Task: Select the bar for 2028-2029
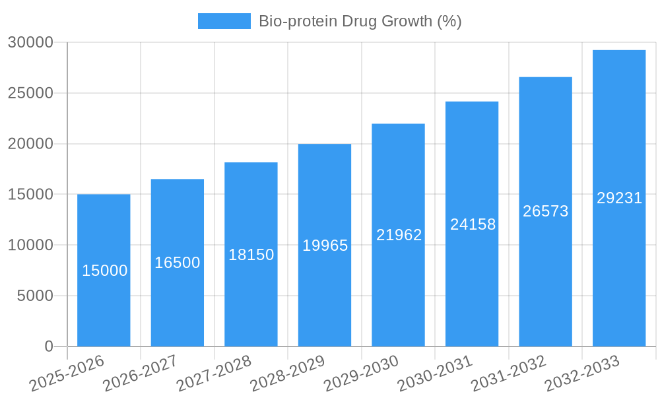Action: click(325, 297)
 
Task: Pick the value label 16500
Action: click(178, 263)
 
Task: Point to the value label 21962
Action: click(399, 235)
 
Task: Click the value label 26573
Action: click(546, 211)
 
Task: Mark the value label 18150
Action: click(251, 255)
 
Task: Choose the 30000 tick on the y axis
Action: click(30, 43)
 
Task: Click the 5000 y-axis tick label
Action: click(34, 296)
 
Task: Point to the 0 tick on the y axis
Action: click(48, 346)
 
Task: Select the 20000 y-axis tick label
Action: click(30, 144)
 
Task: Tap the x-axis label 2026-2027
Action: click(139, 373)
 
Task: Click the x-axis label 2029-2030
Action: click(361, 373)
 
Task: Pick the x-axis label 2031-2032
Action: click(508, 373)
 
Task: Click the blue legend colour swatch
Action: click(224, 21)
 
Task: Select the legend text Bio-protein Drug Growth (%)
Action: click(360, 21)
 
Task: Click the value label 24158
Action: click(473, 224)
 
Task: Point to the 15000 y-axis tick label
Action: click(30, 195)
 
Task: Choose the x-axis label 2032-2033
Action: click(582, 373)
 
